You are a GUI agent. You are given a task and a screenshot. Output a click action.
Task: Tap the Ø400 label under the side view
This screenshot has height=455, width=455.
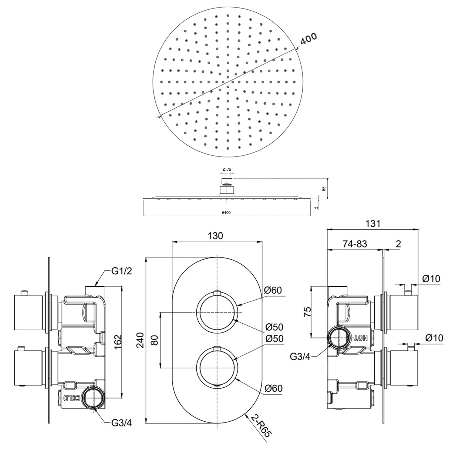pos(226,213)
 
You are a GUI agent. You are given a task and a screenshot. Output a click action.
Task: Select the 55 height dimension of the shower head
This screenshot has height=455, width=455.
pos(324,188)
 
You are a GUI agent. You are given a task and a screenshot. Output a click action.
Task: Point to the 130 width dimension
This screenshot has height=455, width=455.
pos(215,236)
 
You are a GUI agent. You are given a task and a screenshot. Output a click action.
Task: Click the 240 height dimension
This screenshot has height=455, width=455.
pos(140,340)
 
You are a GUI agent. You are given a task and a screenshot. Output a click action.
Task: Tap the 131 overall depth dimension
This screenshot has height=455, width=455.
pos(372,224)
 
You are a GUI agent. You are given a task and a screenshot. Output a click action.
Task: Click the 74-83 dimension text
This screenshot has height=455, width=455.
pos(355,244)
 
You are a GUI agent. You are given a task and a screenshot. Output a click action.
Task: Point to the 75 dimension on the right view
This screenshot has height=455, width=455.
pos(307,312)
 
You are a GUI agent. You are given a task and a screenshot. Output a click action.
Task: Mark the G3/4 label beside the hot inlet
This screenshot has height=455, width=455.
pos(300,356)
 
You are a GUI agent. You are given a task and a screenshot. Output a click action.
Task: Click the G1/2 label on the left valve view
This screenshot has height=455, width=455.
pos(122,271)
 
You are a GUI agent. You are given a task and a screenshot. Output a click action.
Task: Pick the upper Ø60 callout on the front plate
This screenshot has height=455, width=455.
pos(273,290)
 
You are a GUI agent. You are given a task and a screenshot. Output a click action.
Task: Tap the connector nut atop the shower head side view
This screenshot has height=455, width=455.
pos(227,182)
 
